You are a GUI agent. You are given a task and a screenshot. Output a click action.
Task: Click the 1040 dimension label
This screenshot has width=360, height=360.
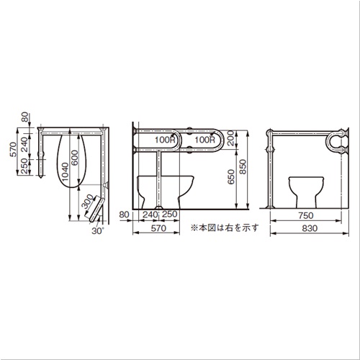click(65, 172)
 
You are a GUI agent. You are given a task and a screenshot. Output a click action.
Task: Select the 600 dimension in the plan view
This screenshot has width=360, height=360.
click(75, 158)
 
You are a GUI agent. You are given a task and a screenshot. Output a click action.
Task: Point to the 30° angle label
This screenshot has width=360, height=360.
click(99, 230)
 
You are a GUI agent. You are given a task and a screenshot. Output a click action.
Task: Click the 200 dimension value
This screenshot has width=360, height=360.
click(230, 138)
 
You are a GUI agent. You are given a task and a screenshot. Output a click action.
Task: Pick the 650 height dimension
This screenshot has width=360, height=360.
click(231, 177)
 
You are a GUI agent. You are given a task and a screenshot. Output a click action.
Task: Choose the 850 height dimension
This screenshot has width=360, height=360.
click(243, 167)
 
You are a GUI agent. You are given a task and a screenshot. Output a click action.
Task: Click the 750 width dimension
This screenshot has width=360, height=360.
click(306, 215)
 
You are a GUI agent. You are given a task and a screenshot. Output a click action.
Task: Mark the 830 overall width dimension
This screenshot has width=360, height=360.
click(310, 228)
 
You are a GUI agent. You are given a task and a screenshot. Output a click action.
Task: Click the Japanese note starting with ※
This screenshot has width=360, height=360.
click(225, 228)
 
